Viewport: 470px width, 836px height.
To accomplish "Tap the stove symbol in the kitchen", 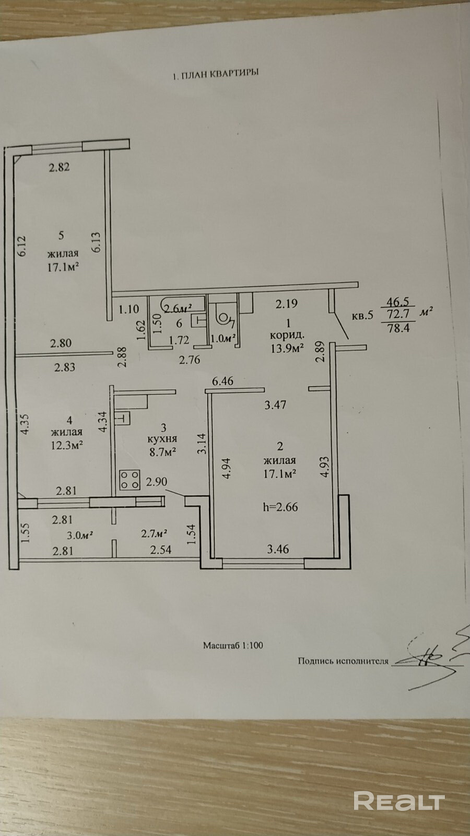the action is point(130,480).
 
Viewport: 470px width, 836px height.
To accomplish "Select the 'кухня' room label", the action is point(162,439).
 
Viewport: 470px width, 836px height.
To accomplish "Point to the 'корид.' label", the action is point(287,335).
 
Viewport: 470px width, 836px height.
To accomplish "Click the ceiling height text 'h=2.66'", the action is point(280,507).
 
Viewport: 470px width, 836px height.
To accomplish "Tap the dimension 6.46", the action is point(222,381).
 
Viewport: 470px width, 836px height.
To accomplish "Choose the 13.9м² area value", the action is point(287,349).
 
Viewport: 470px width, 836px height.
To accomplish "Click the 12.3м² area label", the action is point(67,445).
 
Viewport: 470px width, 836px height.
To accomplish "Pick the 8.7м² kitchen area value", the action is point(162,452).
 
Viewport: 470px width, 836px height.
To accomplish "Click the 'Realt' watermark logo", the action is point(399,799).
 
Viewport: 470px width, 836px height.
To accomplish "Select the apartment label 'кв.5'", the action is point(362,316).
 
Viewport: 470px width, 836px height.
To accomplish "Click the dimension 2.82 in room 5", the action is point(60,167).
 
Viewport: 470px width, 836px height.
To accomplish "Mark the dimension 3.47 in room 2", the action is point(275,404).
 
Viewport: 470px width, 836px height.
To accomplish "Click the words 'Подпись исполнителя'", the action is point(343,661).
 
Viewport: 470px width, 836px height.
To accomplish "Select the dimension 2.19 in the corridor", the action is point(287,304).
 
